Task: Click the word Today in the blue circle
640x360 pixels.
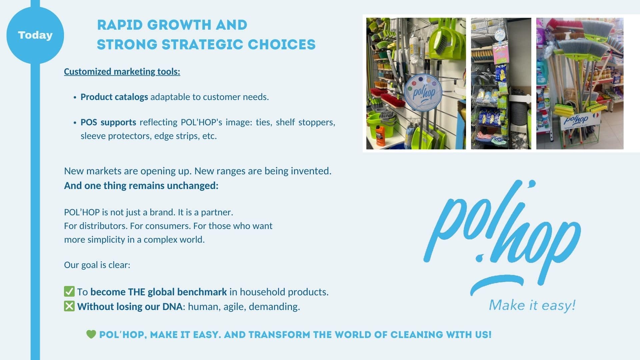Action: (x=35, y=35)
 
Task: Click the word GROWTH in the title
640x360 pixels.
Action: (x=179, y=25)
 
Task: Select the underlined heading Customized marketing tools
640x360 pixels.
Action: (x=122, y=72)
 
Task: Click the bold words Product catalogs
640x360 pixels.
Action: (x=114, y=97)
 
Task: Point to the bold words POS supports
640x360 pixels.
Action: (x=108, y=122)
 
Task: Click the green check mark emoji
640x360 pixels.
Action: (x=69, y=291)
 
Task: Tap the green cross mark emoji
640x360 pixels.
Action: (x=69, y=306)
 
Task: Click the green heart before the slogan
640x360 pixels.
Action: (x=91, y=334)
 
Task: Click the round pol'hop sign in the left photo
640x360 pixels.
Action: (x=423, y=92)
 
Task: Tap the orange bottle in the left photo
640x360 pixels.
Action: (x=380, y=135)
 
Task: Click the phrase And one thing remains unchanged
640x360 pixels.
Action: (x=141, y=186)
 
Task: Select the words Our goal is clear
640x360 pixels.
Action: (x=97, y=265)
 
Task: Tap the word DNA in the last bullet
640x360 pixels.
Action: (x=172, y=307)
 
